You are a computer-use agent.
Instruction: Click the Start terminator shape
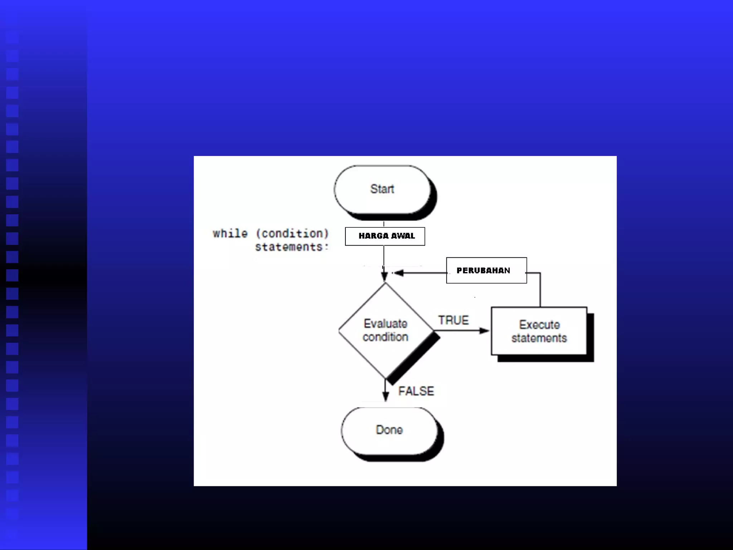pos(382,189)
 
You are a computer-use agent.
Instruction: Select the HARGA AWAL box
pos(385,236)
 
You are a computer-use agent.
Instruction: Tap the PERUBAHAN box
pos(486,270)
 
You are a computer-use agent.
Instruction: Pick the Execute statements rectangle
pos(539,331)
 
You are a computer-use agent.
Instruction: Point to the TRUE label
pos(453,320)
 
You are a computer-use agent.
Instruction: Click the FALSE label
pos(416,391)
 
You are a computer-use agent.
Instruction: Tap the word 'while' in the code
pos(230,233)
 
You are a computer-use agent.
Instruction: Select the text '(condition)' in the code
pos(292,233)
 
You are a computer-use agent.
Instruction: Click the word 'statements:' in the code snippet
pos(291,247)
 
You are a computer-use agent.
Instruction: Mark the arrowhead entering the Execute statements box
pos(485,331)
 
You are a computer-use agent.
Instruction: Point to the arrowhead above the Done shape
pos(385,396)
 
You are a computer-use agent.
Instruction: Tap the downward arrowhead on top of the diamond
pos(384,276)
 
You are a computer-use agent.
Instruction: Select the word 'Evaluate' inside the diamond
pos(385,324)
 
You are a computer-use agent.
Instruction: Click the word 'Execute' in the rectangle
pos(539,325)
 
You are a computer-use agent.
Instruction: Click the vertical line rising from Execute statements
pos(540,290)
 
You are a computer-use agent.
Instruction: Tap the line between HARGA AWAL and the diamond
pos(384,256)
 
